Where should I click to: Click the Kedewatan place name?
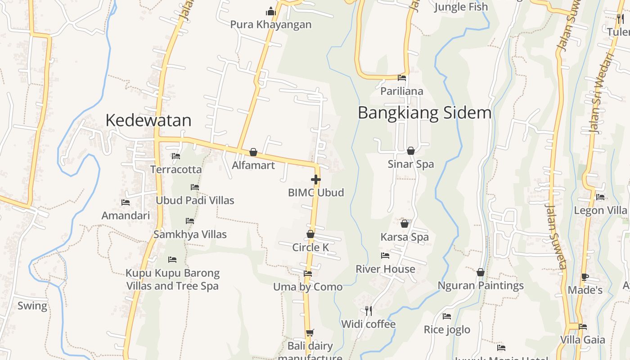point(148,120)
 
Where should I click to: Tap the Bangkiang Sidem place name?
point(424,112)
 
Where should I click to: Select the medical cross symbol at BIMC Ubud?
point(316,180)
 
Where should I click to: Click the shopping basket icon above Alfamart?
point(253,153)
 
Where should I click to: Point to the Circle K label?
point(310,247)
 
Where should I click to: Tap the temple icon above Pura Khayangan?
point(271,11)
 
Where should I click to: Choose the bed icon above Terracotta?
point(176,156)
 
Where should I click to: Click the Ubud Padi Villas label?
point(195,200)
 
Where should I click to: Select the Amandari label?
point(126,216)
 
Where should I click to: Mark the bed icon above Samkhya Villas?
point(190,221)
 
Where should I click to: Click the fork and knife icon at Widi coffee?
point(369,311)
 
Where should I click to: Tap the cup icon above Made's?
point(585,277)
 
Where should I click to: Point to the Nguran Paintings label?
point(481,286)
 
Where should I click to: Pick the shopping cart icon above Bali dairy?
point(310,333)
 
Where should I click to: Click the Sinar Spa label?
point(411,164)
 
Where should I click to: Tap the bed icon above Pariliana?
point(402,78)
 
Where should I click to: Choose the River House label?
point(385,269)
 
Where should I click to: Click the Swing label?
point(32,306)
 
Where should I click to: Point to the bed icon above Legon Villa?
point(600,197)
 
